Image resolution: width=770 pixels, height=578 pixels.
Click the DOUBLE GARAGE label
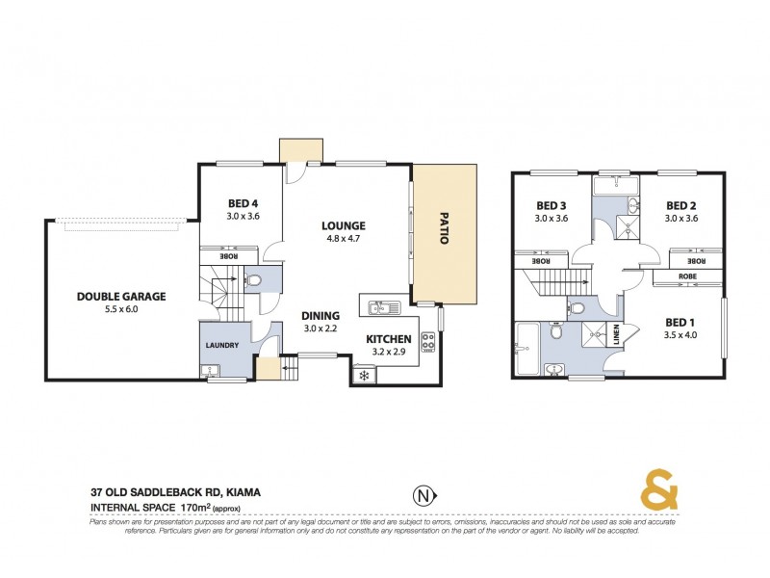(121, 297)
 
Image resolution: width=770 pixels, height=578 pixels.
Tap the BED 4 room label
(242, 203)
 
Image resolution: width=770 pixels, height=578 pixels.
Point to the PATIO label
(444, 227)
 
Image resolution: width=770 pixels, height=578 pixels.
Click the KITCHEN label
(389, 339)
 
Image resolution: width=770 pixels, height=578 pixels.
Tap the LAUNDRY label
(220, 344)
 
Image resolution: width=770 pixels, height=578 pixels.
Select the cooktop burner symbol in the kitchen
(428, 342)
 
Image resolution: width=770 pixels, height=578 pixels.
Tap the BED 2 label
(680, 205)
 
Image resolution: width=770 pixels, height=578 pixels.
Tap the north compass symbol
(422, 496)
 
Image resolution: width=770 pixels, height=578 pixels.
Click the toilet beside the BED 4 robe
(252, 280)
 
